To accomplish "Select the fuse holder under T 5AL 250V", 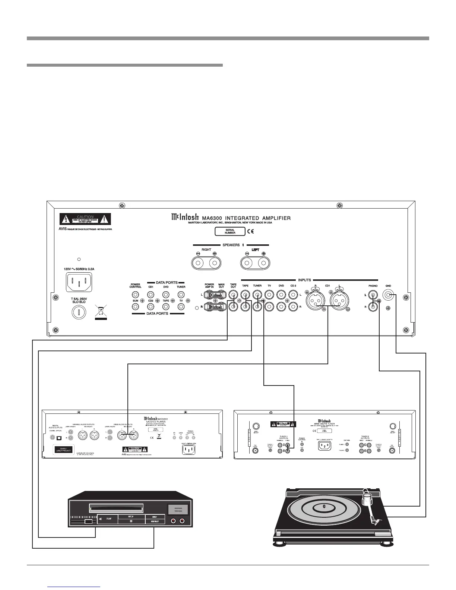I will pyautogui.click(x=79, y=312).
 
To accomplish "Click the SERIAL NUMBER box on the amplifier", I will pyautogui.click(x=230, y=231).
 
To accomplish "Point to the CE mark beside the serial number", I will pyautogui.click(x=250, y=231).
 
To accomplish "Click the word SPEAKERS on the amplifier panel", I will pyautogui.click(x=231, y=245).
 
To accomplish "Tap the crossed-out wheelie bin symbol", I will pyautogui.click(x=101, y=311).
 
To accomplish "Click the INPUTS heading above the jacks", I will pyautogui.click(x=304, y=280).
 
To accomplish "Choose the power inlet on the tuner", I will pyautogui.click(x=325, y=445).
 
